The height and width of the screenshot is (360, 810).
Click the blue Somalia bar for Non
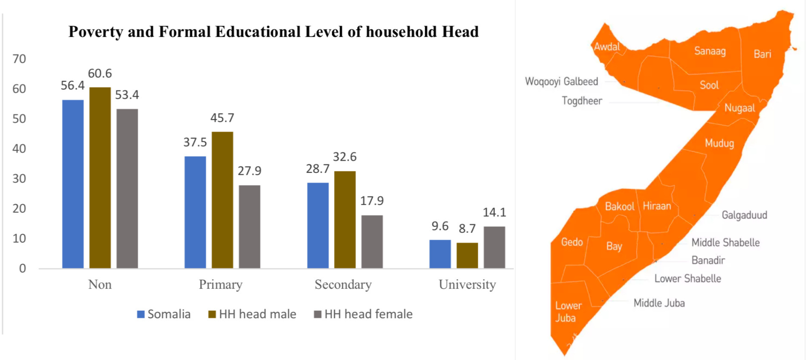tap(73, 184)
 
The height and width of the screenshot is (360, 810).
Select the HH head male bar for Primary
tap(222, 200)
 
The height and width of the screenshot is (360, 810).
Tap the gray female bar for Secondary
tap(372, 242)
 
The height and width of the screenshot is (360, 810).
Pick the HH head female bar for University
tap(494, 247)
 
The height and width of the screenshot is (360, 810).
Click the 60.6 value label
tap(100, 74)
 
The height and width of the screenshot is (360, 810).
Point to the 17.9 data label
tap(372, 201)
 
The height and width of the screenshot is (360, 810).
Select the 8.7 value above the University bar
tap(467, 229)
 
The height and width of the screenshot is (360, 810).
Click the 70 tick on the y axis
tap(19, 59)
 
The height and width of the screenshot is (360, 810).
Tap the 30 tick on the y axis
tap(19, 179)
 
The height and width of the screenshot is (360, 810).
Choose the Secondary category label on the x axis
tap(343, 285)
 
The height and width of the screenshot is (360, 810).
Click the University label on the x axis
tap(467, 285)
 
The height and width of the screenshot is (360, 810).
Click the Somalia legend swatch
tap(141, 315)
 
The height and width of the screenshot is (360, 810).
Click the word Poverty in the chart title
tap(95, 32)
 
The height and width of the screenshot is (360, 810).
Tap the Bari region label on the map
tap(762, 54)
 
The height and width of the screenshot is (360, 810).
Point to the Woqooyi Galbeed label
tap(561, 82)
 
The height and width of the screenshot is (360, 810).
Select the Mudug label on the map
tap(719, 143)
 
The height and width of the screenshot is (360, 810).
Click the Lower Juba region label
tap(568, 312)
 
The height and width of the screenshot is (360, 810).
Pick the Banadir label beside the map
tap(708, 260)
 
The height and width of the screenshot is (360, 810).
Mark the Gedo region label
tap(572, 242)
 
